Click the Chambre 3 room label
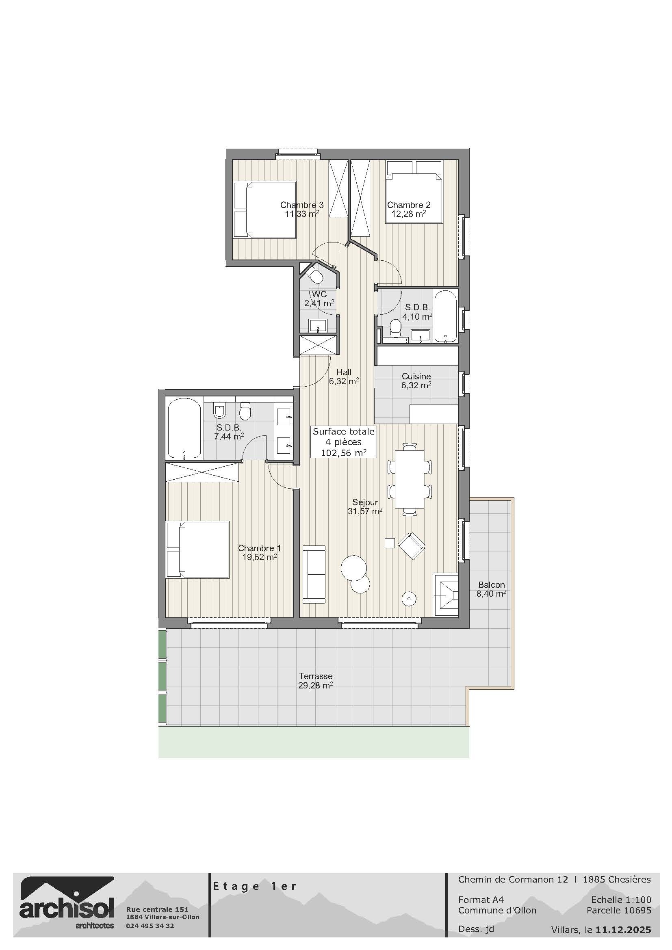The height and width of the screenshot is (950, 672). click(301, 205)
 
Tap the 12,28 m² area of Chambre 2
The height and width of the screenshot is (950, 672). click(408, 214)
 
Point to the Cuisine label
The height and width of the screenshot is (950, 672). click(416, 377)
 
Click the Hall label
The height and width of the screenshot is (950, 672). click(344, 372)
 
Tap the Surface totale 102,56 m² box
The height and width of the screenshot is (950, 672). click(343, 442)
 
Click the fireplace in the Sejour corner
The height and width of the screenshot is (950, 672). click(446, 595)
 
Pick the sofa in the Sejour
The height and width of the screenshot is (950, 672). click(314, 574)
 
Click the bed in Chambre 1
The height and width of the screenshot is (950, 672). click(198, 550)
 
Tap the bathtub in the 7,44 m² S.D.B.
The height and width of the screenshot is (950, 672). click(184, 428)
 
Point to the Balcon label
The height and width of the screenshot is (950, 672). click(491, 584)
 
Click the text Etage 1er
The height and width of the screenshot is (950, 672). click(254, 886)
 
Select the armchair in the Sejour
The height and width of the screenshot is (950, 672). click(411, 546)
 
